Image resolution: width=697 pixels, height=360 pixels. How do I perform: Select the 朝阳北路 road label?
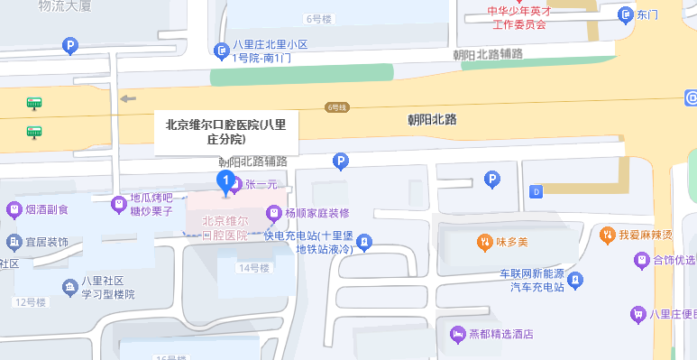(432, 119)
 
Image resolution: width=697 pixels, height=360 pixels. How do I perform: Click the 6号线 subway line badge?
(337, 107)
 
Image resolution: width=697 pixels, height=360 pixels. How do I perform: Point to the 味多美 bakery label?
(509, 243)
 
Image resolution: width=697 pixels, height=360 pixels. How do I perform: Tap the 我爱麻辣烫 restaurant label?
(646, 235)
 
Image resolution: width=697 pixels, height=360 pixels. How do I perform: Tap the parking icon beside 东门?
(625, 14)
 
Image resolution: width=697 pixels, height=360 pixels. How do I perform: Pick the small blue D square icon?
(537, 191)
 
